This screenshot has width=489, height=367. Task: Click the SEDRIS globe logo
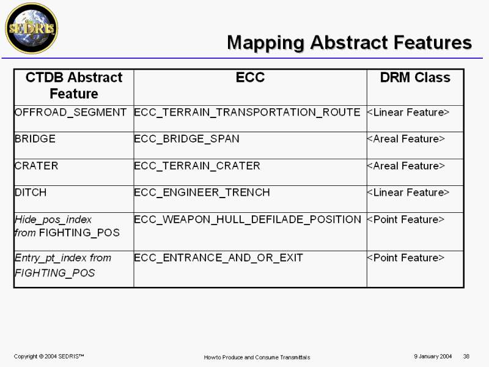click(x=32, y=28)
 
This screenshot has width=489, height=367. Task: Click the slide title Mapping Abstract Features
click(x=349, y=43)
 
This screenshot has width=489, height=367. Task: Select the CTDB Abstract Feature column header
click(x=74, y=86)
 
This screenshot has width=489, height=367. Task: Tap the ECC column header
click(x=250, y=78)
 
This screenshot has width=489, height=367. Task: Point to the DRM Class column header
click(x=415, y=78)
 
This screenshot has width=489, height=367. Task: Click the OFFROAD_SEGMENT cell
click(x=70, y=113)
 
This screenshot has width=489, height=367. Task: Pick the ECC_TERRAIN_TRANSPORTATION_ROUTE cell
click(x=247, y=113)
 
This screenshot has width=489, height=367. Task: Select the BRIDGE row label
click(x=35, y=139)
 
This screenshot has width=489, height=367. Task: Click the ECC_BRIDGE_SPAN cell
click(x=186, y=139)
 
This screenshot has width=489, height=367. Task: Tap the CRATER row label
click(x=36, y=166)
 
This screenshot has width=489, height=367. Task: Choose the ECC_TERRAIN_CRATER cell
click(x=197, y=166)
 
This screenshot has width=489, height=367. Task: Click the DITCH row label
click(x=31, y=192)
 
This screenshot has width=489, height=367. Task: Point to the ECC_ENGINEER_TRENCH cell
click(x=202, y=193)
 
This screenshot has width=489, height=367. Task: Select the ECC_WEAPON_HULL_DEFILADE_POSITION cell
click(x=248, y=220)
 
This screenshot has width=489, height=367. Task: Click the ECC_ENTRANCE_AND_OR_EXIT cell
click(x=218, y=258)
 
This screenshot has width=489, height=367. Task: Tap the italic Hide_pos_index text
click(x=53, y=220)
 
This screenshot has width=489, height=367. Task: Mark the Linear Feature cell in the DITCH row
click(x=408, y=193)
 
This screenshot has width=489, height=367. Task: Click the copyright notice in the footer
click(x=49, y=357)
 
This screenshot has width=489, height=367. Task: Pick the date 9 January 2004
click(x=433, y=357)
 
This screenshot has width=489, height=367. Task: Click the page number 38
click(x=466, y=357)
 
